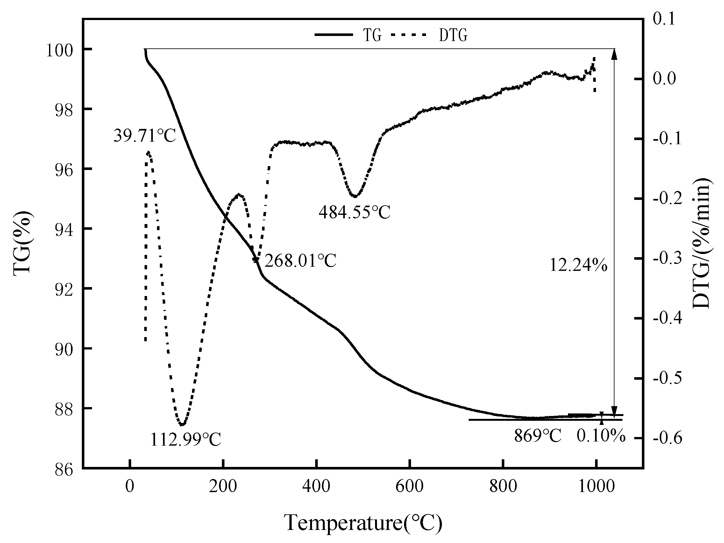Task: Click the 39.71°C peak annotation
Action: [145, 136]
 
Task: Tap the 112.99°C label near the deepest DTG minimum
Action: [186, 440]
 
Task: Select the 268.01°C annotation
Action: [300, 261]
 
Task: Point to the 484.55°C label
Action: [354, 212]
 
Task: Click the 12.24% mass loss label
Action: [578, 265]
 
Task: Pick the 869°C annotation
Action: [537, 436]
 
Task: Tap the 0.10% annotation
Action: [601, 436]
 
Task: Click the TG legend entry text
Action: [372, 35]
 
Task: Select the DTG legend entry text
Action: [453, 35]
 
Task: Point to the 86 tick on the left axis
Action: [64, 470]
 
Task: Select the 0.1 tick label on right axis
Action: [664, 19]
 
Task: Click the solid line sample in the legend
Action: [334, 35]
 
